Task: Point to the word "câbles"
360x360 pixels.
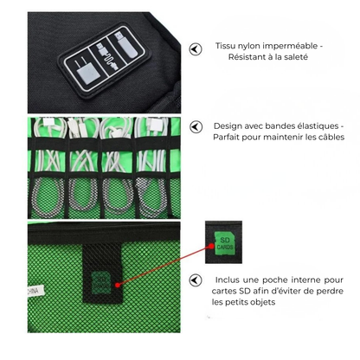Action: point(325,138)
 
